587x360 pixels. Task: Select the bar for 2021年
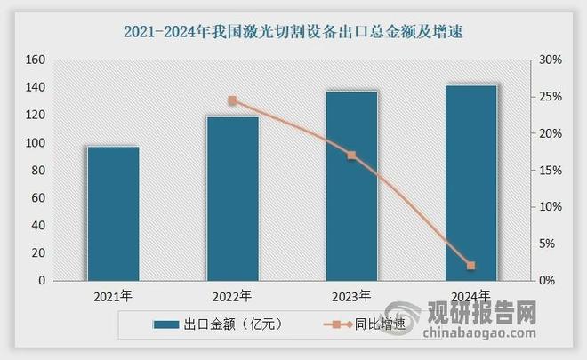coord(113,213)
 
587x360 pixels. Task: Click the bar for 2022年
coord(232,198)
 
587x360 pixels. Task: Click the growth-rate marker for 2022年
coord(232,100)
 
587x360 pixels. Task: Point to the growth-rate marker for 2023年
coord(351,156)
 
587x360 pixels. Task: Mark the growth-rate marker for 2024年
coord(470,266)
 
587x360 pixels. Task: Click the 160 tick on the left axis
coord(36,60)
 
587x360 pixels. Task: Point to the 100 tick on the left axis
coord(36,143)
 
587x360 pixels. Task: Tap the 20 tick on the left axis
coord(38,253)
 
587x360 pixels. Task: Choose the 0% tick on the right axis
coord(550,281)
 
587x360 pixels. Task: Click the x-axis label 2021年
coord(113,296)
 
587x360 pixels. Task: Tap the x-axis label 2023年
coord(351,296)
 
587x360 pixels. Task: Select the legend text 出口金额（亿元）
coord(232,324)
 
